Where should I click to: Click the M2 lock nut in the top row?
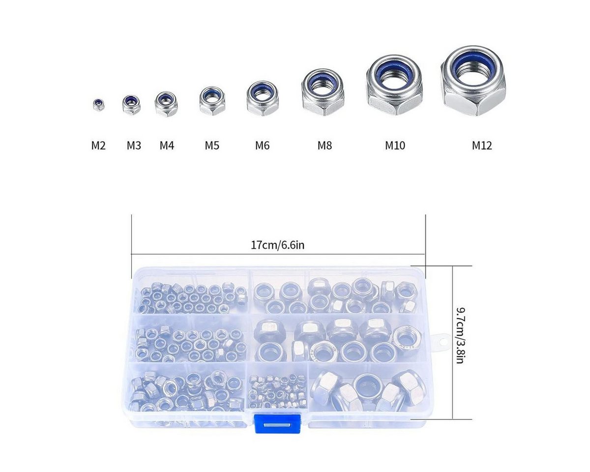[x=98, y=105]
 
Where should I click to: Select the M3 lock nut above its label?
[x=131, y=104]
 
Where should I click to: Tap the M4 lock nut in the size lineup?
[x=166, y=104]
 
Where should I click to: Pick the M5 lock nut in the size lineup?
[x=212, y=101]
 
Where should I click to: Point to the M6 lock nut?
[x=263, y=98]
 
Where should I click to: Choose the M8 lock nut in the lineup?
[x=323, y=92]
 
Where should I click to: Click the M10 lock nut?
[x=394, y=85]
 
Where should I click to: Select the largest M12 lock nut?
[x=473, y=81]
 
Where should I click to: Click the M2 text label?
[x=98, y=146]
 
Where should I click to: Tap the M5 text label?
[x=212, y=146]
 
